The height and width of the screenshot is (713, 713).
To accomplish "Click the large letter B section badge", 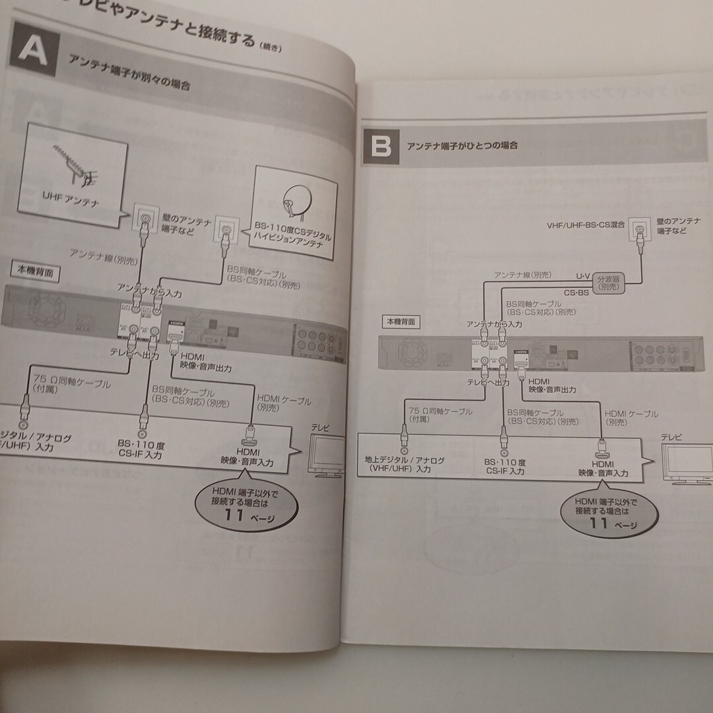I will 381,146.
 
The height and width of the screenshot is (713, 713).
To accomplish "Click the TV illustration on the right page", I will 687,467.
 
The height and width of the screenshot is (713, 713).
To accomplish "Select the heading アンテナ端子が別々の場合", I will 129,73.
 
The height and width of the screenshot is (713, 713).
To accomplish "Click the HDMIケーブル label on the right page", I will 631,418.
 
